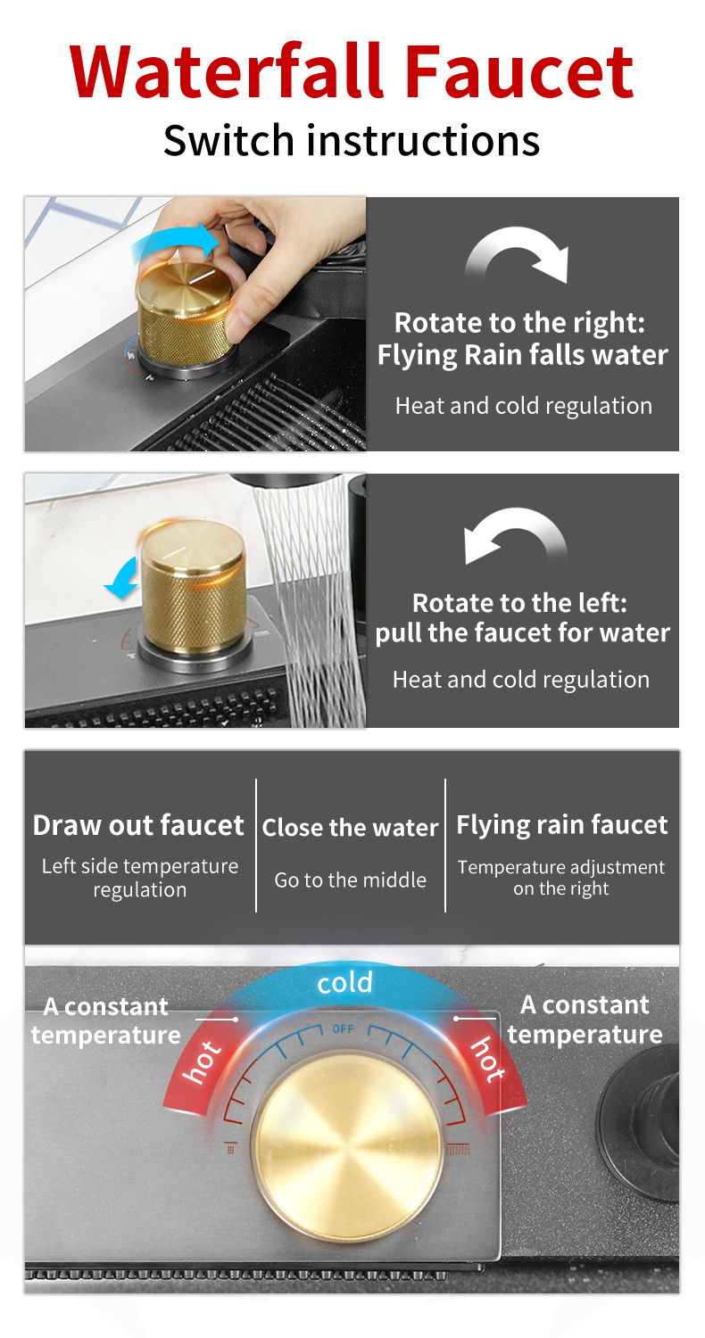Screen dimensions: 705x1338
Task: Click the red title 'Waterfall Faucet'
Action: (x=352, y=70)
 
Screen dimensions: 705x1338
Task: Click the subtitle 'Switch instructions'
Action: (x=352, y=140)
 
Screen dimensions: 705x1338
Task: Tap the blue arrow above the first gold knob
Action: (x=174, y=242)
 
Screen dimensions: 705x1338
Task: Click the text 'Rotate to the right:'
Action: (x=519, y=323)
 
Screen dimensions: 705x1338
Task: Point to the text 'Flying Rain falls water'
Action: (x=523, y=355)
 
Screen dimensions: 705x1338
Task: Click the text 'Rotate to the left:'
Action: (x=519, y=603)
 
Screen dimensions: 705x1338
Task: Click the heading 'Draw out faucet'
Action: (x=138, y=825)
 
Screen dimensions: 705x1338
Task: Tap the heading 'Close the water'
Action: (x=350, y=828)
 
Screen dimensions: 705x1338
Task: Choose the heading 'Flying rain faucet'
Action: (x=562, y=825)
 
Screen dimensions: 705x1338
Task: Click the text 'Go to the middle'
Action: (x=350, y=880)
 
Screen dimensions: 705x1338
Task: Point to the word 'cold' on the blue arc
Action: (x=344, y=983)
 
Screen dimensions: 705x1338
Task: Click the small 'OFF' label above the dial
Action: (x=343, y=1028)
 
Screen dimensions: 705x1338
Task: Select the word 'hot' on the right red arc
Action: (x=488, y=1059)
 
